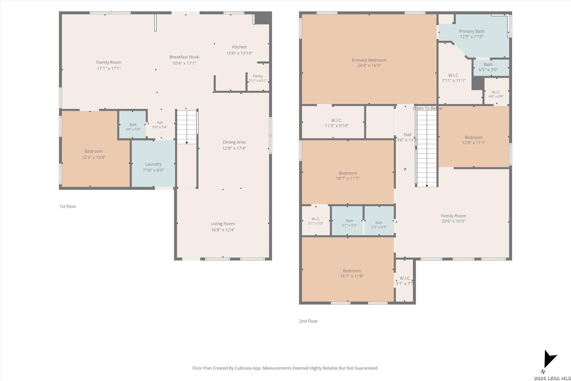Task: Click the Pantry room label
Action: click(258, 76)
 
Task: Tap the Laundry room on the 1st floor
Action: click(153, 164)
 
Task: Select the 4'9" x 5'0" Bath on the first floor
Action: click(133, 125)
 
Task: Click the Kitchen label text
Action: click(239, 47)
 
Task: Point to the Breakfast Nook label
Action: click(184, 57)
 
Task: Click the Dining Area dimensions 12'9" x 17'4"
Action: click(234, 148)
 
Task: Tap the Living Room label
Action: click(223, 224)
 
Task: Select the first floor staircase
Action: click(187, 127)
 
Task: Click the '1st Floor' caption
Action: click(68, 206)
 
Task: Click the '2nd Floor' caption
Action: click(308, 321)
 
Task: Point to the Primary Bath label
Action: click(472, 31)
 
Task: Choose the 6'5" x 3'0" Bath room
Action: click(491, 68)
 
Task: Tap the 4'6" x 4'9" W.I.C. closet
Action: click(496, 91)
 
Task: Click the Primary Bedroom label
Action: click(369, 60)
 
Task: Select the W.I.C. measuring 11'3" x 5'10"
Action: click(333, 122)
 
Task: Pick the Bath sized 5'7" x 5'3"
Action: click(347, 220)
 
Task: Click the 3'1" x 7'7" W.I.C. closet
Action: click(404, 280)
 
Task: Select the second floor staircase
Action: click(427, 148)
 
